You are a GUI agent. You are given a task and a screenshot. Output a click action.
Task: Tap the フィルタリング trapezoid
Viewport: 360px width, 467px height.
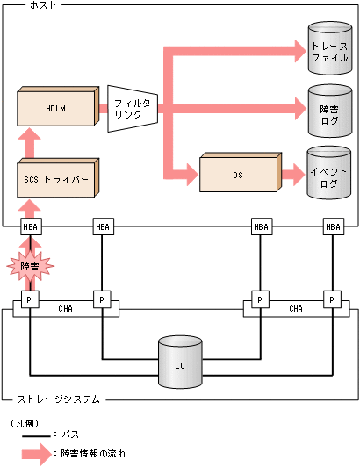[x=131, y=109]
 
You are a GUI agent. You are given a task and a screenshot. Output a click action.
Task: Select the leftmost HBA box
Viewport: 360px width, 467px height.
[x=30, y=227]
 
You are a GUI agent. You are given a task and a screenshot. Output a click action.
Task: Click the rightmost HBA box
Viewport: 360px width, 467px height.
[x=333, y=227]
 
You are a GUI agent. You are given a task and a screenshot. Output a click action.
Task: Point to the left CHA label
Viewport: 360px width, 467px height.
[x=66, y=308]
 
